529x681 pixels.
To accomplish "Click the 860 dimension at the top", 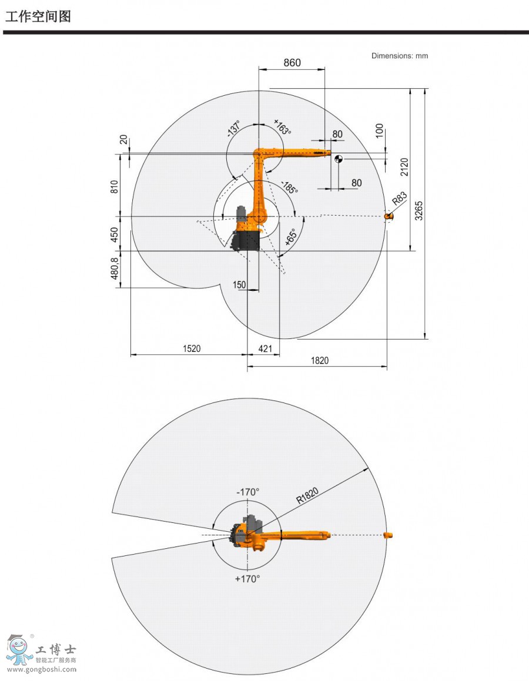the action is (292, 62).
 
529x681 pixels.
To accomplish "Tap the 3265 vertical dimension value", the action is (418, 210).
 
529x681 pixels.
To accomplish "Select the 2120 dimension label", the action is (404, 167).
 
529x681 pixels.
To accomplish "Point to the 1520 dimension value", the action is (192, 348).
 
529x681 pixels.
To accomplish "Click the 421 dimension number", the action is (265, 348).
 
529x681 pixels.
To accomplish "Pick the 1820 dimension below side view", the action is (320, 360).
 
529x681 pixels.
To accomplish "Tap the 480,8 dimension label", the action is (114, 267).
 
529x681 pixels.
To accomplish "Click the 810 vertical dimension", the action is (114, 187).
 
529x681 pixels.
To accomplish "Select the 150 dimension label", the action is (239, 284).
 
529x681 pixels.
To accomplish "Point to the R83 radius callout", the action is (400, 198).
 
